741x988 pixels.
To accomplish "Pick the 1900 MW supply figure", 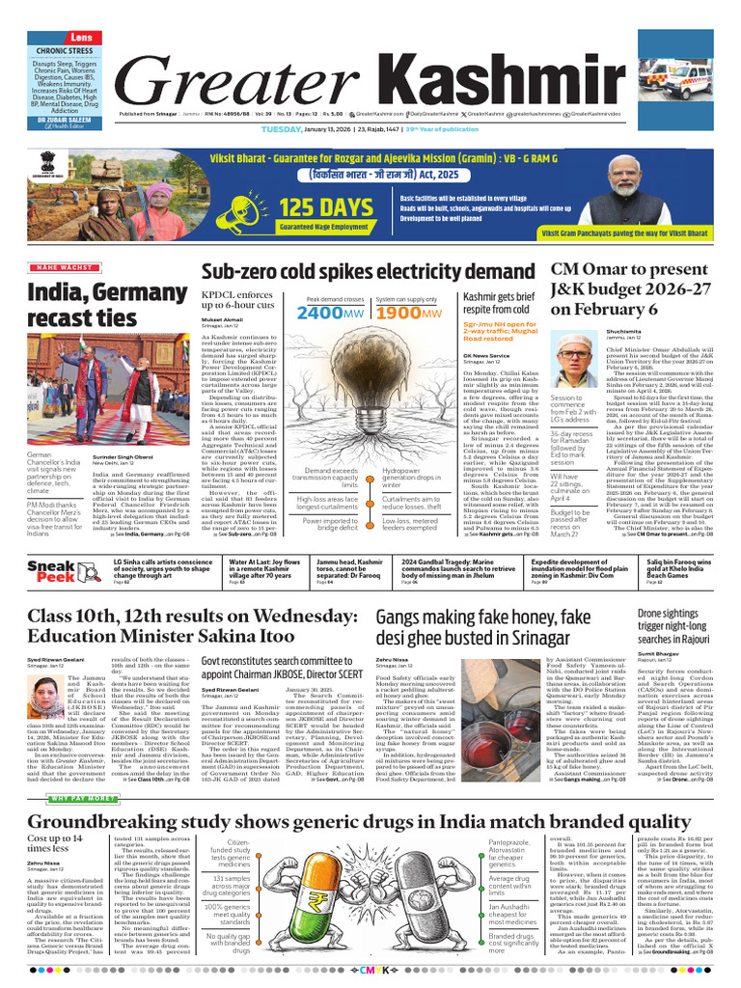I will (x=409, y=314).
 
